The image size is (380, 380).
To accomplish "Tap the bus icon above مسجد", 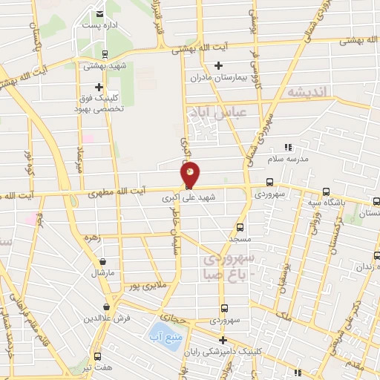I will (x=239, y=227).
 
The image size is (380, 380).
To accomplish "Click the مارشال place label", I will (x=101, y=272).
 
